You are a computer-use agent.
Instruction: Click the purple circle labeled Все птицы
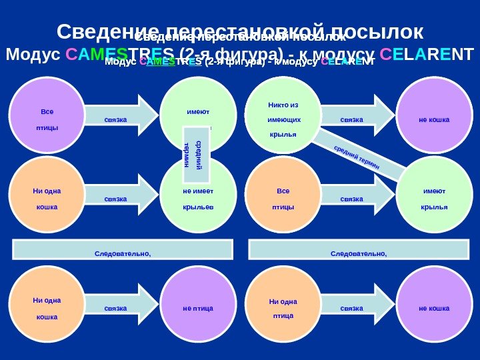pos(47,115)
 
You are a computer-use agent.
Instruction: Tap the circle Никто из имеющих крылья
pos(283,115)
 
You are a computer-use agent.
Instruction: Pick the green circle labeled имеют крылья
pos(435,195)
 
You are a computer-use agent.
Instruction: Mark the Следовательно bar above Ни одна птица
pos(359,250)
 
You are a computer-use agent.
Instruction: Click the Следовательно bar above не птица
pos(123,250)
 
